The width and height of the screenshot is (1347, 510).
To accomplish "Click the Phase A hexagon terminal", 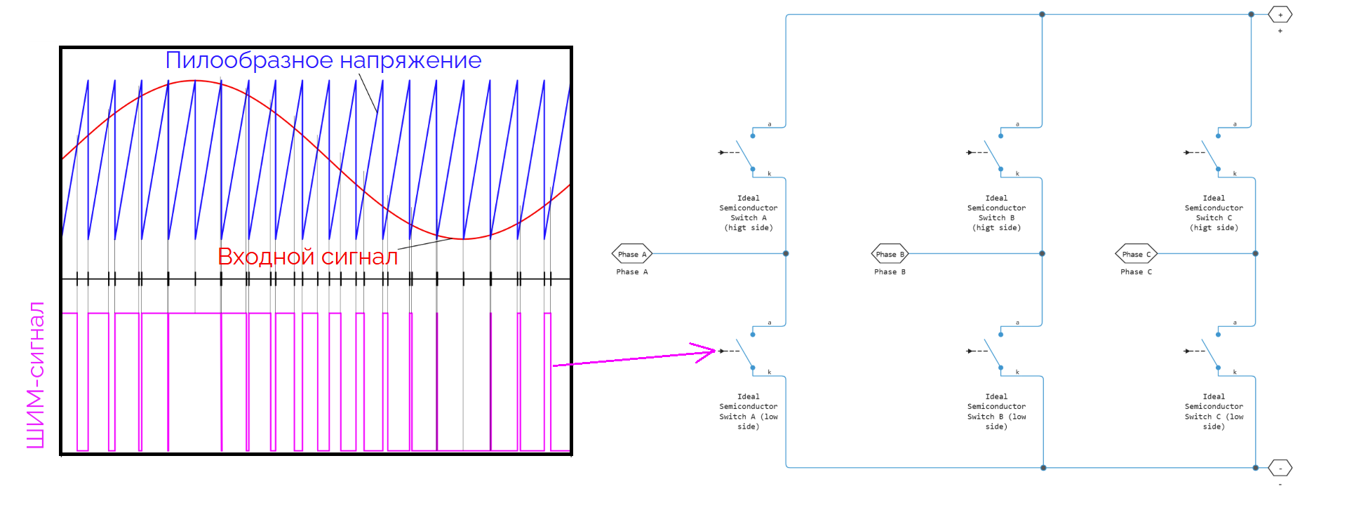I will [x=632, y=254].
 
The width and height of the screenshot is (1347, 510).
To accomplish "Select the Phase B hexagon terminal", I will [x=890, y=254].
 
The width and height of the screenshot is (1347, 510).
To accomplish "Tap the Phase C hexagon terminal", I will [x=1136, y=254].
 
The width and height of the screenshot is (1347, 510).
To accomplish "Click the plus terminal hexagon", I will [x=1280, y=15].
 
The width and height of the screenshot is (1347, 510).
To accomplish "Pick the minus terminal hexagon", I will [x=1280, y=468].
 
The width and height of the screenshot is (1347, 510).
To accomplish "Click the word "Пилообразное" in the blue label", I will [x=239, y=61].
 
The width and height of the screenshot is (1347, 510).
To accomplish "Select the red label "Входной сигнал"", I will [x=307, y=257].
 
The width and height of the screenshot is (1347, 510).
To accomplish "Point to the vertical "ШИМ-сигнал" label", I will [x=35, y=375].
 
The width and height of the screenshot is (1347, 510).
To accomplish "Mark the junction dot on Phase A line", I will [x=786, y=253].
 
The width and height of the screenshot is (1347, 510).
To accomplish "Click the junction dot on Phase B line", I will [x=1042, y=253].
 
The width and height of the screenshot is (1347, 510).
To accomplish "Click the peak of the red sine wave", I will [x=196, y=81].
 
